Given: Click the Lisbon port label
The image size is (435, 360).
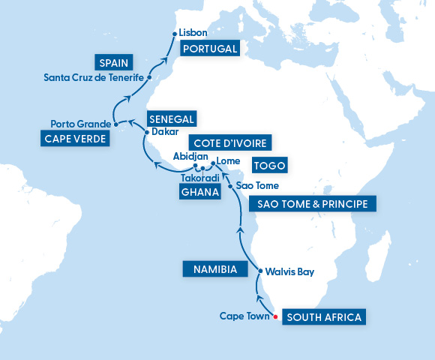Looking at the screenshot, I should point(193,34).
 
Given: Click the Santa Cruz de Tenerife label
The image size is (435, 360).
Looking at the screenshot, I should point(93,76).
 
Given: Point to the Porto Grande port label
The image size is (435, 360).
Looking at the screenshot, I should point(79,124).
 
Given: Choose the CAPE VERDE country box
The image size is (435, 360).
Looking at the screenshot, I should point(73,139).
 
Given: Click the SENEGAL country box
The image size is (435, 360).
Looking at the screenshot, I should point(172,119).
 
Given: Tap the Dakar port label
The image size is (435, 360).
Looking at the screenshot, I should point(165,132).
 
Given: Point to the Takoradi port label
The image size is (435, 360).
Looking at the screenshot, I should point(199,179).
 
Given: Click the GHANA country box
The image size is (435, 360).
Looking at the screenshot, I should point(200,193).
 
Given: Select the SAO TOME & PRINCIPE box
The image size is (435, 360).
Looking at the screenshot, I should point(312,204).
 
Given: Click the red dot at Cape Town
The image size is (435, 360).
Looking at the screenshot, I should point(276,317).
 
